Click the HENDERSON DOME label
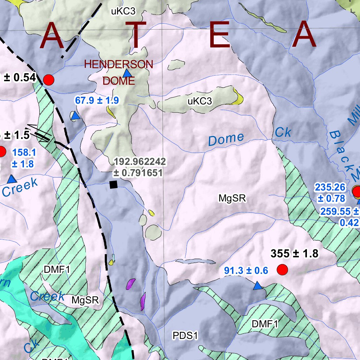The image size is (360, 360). (119, 72)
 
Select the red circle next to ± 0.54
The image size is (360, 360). (49, 80)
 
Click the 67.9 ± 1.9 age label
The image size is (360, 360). (97, 101)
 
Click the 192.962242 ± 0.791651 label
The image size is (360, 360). (140, 167)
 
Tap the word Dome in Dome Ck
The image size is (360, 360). (226, 139)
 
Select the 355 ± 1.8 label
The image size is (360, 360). (295, 253)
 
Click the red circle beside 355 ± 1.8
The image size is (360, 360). (282, 270)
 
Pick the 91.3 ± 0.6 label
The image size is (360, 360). (246, 270)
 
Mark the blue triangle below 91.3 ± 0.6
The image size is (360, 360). (258, 286)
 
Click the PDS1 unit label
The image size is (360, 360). (185, 335)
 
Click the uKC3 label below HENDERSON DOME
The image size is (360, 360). (200, 102)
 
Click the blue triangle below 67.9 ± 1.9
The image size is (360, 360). (75, 116)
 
